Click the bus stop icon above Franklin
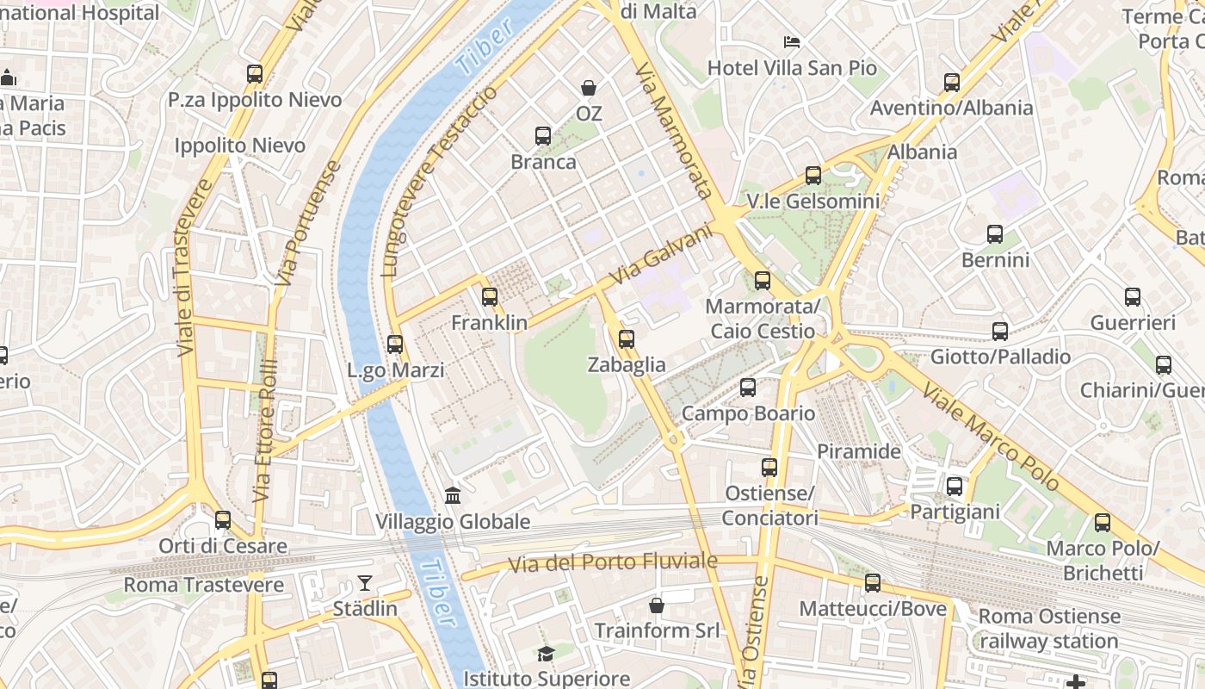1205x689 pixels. (490, 297)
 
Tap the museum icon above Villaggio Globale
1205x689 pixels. (453, 495)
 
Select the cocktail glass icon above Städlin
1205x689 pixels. (365, 583)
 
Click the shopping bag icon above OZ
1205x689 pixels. (589, 88)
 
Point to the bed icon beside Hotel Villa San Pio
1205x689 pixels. (792, 41)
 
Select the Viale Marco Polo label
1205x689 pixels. (990, 438)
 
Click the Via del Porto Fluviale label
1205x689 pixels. (612, 563)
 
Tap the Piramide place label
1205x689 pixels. (858, 451)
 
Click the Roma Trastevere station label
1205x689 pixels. (204, 586)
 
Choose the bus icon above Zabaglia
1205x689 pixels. (626, 339)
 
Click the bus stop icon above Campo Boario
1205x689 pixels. (747, 388)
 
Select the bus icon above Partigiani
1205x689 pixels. (955, 487)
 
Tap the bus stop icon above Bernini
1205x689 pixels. (995, 234)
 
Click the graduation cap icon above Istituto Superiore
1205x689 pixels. (546, 655)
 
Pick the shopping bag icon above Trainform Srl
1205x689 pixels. (657, 605)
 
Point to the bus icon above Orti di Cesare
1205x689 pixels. (223, 520)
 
